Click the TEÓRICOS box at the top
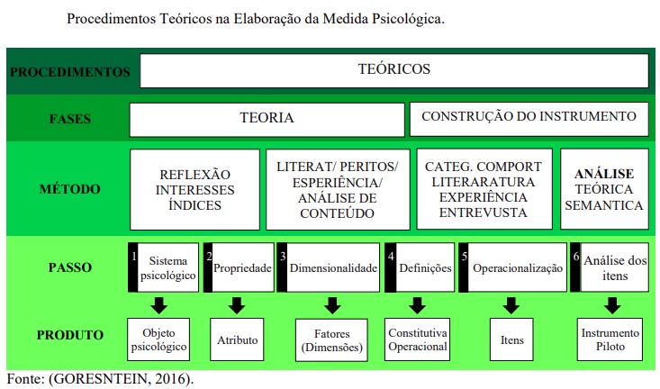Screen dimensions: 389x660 pyautogui.click(x=394, y=69)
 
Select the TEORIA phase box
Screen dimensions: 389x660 pyautogui.click(x=267, y=118)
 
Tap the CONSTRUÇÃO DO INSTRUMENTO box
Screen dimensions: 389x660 pyautogui.click(x=529, y=117)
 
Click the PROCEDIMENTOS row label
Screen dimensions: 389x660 pyautogui.click(x=70, y=72)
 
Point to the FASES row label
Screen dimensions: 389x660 pyautogui.click(x=70, y=118)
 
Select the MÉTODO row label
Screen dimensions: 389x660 pyautogui.click(x=70, y=189)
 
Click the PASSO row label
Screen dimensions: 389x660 pyautogui.click(x=70, y=267)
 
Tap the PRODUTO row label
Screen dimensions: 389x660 pyautogui.click(x=70, y=336)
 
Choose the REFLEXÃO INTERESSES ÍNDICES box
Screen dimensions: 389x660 pyautogui.click(x=194, y=189)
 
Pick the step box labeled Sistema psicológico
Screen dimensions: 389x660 pyautogui.click(x=167, y=267)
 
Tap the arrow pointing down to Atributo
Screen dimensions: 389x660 pyautogui.click(x=238, y=304)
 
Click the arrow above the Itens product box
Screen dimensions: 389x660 pyautogui.click(x=511, y=304)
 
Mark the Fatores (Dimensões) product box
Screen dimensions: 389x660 pyautogui.click(x=330, y=340)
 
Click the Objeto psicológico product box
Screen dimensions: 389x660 pyautogui.click(x=158, y=339)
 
